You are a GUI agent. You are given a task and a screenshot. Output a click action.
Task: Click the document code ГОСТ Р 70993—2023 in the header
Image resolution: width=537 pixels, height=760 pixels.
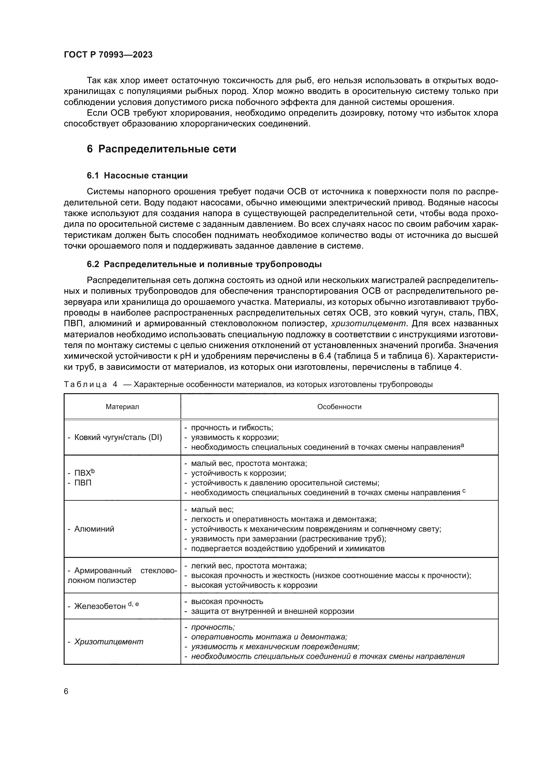[108, 55]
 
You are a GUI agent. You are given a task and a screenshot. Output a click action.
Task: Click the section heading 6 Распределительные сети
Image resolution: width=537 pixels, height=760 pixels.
[161, 149]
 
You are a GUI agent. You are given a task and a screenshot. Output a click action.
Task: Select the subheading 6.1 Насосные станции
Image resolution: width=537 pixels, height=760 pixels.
[137, 175]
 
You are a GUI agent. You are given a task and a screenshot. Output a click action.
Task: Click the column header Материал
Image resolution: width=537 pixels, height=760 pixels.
[122, 406]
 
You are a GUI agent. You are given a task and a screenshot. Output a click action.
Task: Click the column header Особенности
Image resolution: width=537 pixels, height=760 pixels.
[339, 406]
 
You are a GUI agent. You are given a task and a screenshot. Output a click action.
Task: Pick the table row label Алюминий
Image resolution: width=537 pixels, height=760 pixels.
[94, 529]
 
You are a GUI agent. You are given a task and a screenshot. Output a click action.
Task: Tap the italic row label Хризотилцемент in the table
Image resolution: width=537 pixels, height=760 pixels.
[109, 641]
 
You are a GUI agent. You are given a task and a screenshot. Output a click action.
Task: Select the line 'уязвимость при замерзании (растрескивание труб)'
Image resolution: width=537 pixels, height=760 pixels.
[288, 538]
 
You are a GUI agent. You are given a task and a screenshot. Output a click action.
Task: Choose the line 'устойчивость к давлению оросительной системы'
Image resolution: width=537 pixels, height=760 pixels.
[285, 483]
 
